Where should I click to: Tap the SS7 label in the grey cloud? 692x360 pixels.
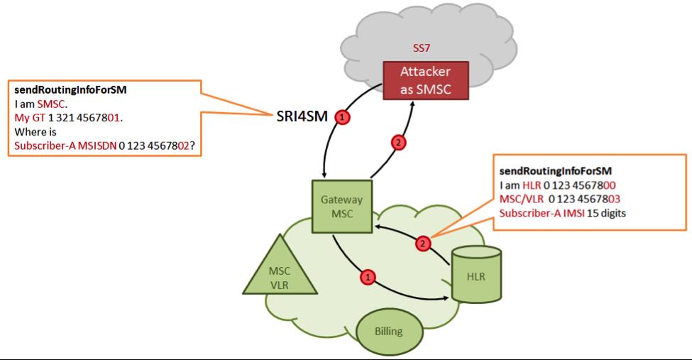tap(423, 49)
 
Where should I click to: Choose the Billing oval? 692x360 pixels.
tap(388, 331)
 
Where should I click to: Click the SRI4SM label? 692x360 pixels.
tap(303, 116)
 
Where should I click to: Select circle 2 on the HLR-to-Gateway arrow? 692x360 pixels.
tap(423, 244)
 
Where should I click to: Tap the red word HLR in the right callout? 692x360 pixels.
tap(532, 185)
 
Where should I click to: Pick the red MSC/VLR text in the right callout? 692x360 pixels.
tap(520, 199)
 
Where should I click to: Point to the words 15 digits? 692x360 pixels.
tap(606, 213)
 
